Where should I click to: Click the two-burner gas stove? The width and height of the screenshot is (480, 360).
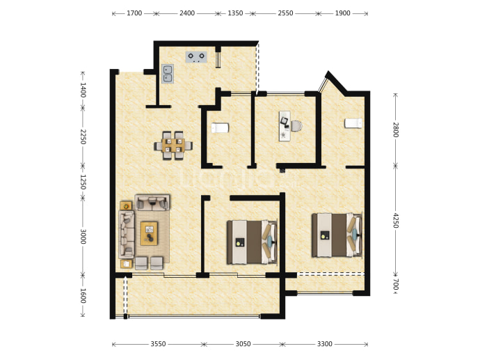click(x=196, y=56)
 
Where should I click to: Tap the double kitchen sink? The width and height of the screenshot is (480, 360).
click(x=168, y=74)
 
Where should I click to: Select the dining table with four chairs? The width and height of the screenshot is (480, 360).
click(x=173, y=146)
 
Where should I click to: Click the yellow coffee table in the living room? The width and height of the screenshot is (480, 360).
click(x=149, y=233)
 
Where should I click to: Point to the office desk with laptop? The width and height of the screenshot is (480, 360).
click(x=285, y=126)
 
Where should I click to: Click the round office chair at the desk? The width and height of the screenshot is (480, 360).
click(x=296, y=126)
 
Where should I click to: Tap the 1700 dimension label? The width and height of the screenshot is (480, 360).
click(x=134, y=13)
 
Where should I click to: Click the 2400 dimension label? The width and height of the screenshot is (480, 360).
click(x=187, y=13)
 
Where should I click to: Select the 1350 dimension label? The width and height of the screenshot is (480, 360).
click(x=235, y=13)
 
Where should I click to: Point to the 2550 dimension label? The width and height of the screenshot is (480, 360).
click(x=285, y=13)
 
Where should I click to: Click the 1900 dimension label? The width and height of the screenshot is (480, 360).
click(x=342, y=13)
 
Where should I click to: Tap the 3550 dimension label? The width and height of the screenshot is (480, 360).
click(x=158, y=344)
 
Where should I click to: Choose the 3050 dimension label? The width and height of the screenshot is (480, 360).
click(x=243, y=344)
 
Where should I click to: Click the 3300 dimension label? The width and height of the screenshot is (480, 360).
click(x=324, y=344)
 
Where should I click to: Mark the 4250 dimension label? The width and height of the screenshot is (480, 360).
click(x=396, y=220)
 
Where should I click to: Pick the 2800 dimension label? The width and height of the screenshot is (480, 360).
click(x=396, y=130)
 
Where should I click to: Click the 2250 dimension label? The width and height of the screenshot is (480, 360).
click(x=83, y=136)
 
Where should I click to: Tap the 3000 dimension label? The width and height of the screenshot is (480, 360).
click(x=83, y=237)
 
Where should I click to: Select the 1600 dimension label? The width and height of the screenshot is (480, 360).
click(x=83, y=296)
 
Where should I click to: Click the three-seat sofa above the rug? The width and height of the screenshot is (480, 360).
click(x=152, y=202)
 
